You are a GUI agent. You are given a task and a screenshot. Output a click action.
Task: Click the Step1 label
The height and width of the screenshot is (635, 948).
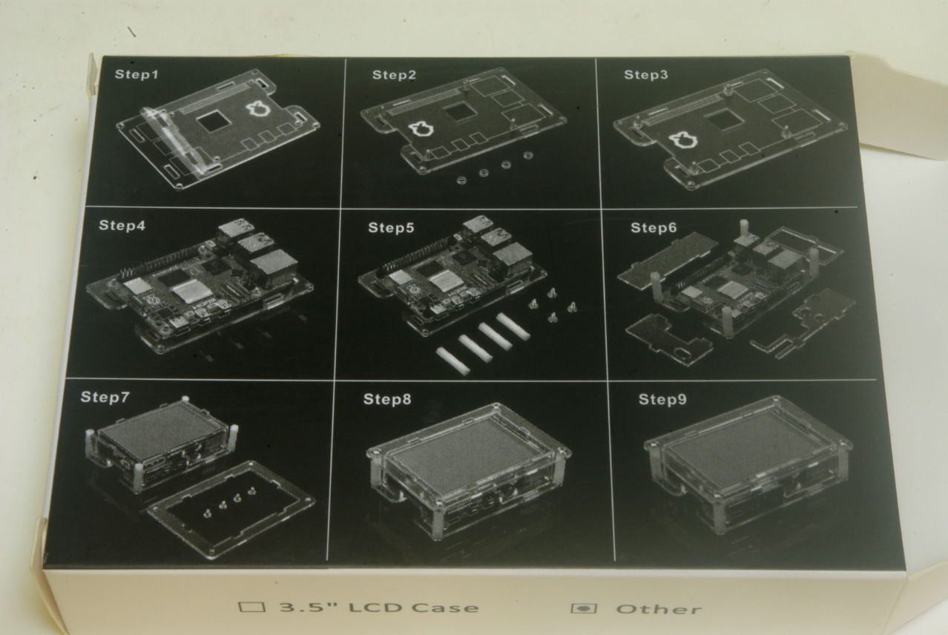[x=136, y=74]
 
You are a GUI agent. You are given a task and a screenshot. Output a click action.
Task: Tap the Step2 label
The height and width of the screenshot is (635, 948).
[x=394, y=75]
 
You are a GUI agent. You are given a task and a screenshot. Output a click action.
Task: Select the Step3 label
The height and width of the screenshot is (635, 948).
[x=646, y=75]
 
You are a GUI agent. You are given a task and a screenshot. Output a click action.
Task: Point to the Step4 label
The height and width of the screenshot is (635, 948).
[x=122, y=226]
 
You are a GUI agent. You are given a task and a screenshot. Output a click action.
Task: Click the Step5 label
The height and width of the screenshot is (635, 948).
[x=391, y=228]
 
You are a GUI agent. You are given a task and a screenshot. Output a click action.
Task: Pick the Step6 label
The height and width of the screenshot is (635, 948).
[x=654, y=228]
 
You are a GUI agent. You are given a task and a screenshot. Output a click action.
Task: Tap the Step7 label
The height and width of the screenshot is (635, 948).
[x=105, y=397]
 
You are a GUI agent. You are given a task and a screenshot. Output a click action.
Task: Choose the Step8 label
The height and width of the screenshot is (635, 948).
[x=387, y=399]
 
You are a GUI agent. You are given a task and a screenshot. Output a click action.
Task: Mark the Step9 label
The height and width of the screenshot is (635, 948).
[x=662, y=399]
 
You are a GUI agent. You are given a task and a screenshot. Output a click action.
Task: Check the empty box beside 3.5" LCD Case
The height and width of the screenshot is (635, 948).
[x=252, y=607]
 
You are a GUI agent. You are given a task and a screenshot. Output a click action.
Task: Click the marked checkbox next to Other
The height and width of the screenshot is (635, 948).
[x=584, y=608]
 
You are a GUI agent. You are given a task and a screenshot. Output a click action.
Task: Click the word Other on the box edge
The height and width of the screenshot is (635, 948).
[x=659, y=609]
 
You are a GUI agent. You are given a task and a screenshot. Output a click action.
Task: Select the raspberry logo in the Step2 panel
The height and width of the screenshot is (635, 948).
[x=421, y=130]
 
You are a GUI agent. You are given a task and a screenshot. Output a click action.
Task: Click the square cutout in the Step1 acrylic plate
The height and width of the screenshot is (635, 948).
[x=214, y=121]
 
